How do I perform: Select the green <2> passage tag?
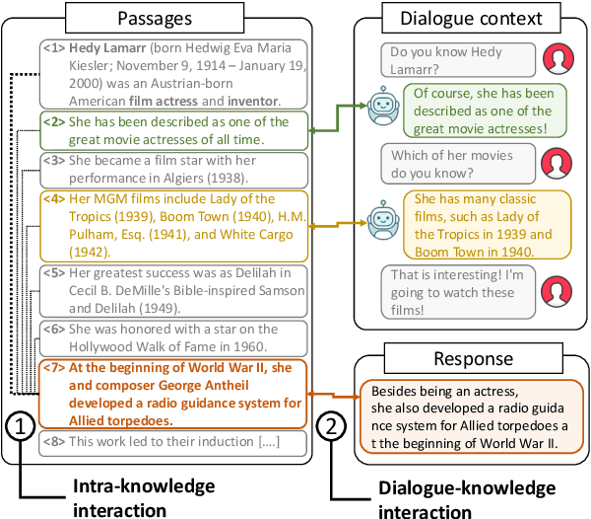coord(54,122)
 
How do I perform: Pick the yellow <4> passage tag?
coord(54,196)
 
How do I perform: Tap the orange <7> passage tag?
coord(54,367)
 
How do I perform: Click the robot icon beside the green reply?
coord(381,107)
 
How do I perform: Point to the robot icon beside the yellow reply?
coord(381,222)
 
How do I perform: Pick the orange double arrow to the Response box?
coord(334,396)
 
